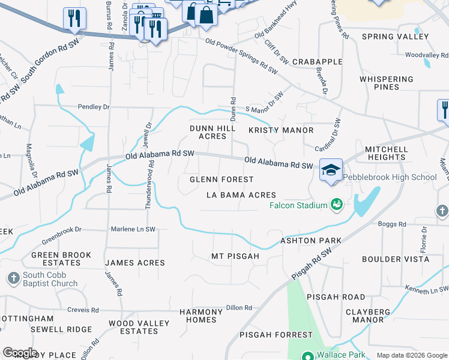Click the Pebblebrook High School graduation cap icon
point(331,170)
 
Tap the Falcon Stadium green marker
point(336,205)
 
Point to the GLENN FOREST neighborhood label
point(221,179)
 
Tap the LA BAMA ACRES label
point(241,195)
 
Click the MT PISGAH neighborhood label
point(235,256)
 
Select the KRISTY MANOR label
point(281,130)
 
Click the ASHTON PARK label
point(311,241)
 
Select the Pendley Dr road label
point(94,107)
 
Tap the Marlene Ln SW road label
point(133,229)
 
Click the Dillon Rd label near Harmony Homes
point(239,308)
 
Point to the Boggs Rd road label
point(392,224)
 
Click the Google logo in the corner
point(20,353)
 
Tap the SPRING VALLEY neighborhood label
point(395,37)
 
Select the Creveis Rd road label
point(84,310)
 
